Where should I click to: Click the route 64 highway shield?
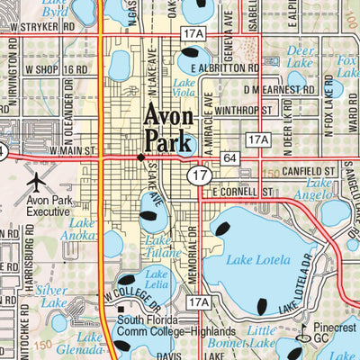tap(230, 157)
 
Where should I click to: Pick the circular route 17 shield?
tap(196, 175)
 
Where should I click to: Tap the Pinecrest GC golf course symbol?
tap(305, 329)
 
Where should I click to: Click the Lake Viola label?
tap(185, 86)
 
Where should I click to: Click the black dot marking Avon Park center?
tap(139, 157)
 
